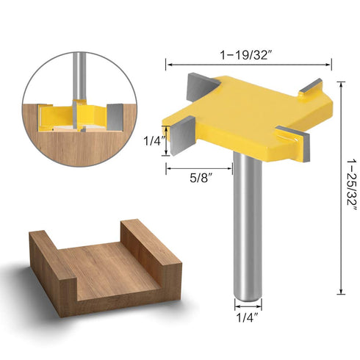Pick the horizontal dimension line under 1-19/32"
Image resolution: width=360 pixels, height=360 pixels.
247,63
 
